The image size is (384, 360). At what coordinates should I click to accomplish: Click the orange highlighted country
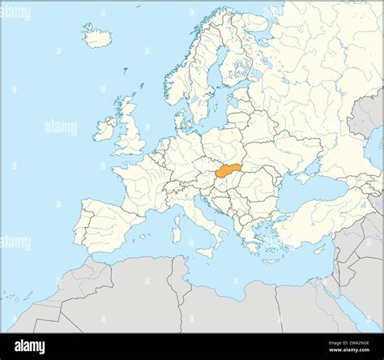[230, 171]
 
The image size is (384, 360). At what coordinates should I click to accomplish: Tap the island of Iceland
[97, 36]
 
